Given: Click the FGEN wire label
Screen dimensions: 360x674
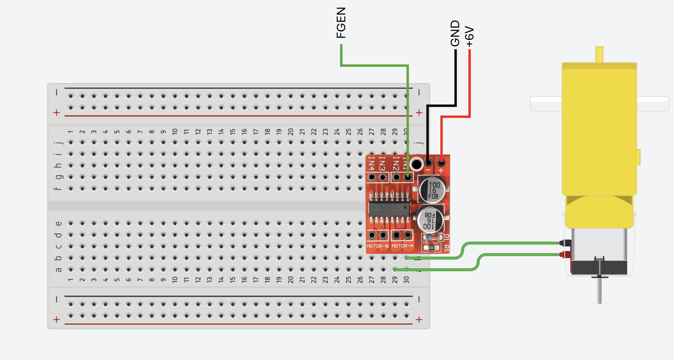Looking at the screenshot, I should pyautogui.click(x=341, y=22).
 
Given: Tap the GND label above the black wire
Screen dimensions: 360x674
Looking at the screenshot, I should pyautogui.click(x=455, y=33).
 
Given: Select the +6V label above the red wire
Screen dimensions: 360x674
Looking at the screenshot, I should pyautogui.click(x=470, y=37).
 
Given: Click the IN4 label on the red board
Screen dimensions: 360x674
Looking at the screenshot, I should pyautogui.click(x=371, y=163).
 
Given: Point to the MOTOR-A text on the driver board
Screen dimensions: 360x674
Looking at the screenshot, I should pyautogui.click(x=402, y=246).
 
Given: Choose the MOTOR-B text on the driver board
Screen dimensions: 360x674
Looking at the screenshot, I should pyautogui.click(x=378, y=246).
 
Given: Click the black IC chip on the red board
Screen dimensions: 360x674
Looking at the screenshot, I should pyautogui.click(x=389, y=209).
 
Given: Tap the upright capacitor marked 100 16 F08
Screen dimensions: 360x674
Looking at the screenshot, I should pyautogui.click(x=433, y=190).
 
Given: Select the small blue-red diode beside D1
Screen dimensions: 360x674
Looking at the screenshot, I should pyautogui.click(x=430, y=238).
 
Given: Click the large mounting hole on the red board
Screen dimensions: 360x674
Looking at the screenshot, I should pyautogui.click(x=416, y=164).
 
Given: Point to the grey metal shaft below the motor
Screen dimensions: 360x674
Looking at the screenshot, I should pyautogui.click(x=599, y=290).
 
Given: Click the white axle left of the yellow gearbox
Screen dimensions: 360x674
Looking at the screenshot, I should pyautogui.click(x=546, y=104).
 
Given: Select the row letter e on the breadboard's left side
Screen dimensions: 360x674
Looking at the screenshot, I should pyautogui.click(x=58, y=224).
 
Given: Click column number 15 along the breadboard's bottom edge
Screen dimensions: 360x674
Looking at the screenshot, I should pyautogui.click(x=233, y=280).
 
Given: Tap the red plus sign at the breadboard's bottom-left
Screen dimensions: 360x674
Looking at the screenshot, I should pyautogui.click(x=57, y=319).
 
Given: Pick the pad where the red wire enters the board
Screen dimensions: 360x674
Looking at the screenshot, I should pyautogui.click(x=441, y=163).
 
